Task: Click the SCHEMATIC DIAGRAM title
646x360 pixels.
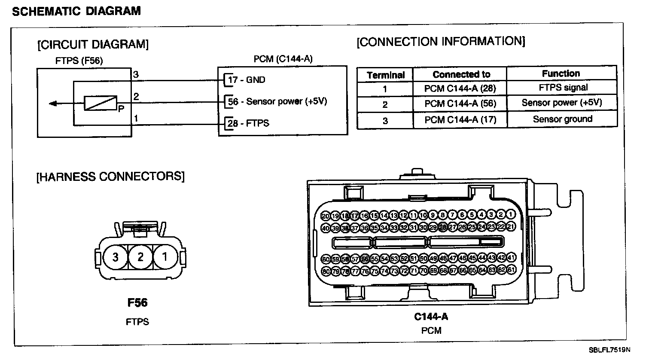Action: click(x=76, y=11)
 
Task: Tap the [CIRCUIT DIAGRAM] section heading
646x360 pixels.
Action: click(x=93, y=44)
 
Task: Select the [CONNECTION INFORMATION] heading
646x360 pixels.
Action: click(x=441, y=42)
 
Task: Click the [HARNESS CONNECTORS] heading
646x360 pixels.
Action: click(x=110, y=177)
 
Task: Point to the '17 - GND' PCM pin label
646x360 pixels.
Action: click(x=247, y=80)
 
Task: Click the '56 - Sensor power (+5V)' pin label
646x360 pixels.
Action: click(x=277, y=102)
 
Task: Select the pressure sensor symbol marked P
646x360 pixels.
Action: click(x=101, y=103)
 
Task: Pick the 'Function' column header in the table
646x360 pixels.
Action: click(x=561, y=73)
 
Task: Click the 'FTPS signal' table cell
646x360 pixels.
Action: click(x=563, y=88)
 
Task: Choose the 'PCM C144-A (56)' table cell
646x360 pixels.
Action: click(x=460, y=104)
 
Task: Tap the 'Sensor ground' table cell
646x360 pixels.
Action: click(x=563, y=119)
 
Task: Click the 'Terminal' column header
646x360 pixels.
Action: click(x=386, y=75)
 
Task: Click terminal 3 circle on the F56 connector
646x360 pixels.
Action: click(x=115, y=257)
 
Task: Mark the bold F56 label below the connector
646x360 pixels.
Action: click(x=137, y=303)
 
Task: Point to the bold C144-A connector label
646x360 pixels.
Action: click(x=431, y=317)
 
